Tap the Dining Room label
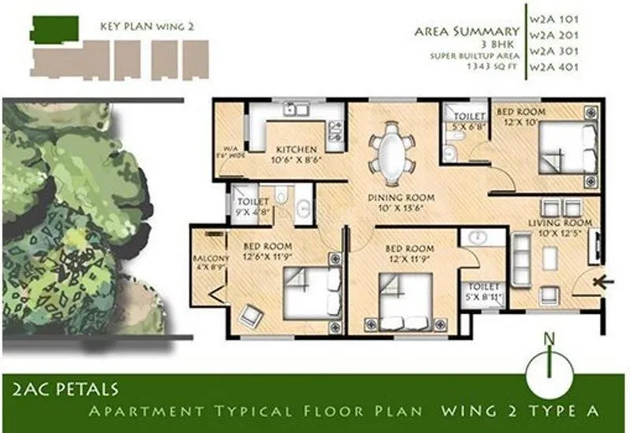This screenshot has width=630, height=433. tap(395, 198)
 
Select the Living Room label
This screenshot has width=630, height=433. tap(563, 224)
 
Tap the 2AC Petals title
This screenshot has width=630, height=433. tap(66, 388)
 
